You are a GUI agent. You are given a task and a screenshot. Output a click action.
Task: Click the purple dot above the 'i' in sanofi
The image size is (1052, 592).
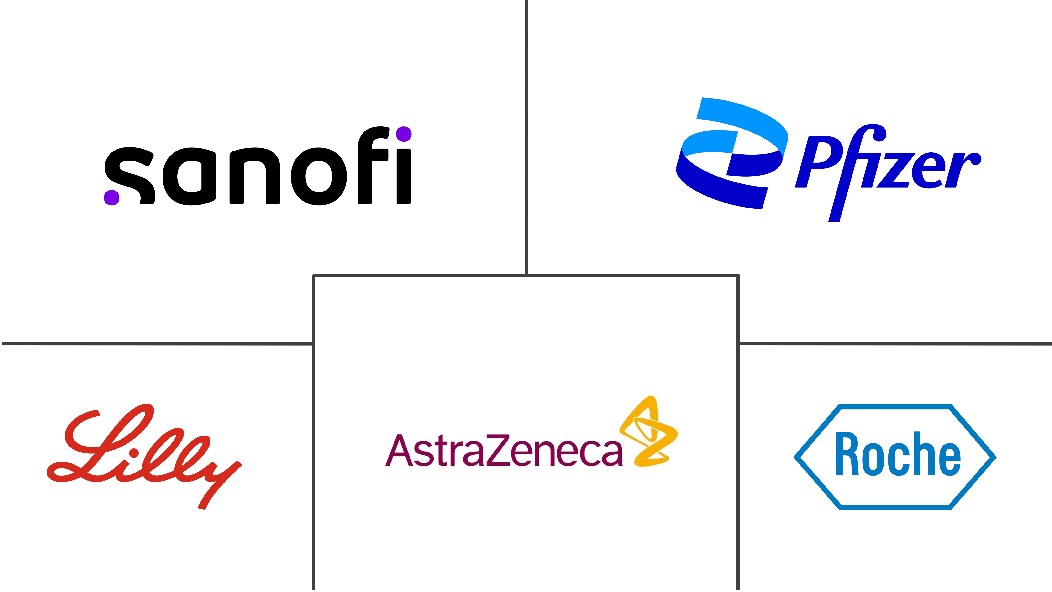pyautogui.click(x=404, y=134)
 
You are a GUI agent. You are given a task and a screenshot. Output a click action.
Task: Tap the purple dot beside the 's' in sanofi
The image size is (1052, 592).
pyautogui.click(x=111, y=197)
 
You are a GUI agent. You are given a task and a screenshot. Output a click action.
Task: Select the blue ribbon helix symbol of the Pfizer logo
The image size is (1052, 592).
pyautogui.click(x=732, y=154)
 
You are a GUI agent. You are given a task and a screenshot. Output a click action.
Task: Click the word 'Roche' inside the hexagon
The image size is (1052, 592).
pyautogui.click(x=898, y=454)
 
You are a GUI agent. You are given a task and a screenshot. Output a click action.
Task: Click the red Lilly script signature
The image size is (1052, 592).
pyautogui.click(x=145, y=457)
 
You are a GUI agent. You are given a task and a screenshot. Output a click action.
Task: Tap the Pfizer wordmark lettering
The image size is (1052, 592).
pyautogui.click(x=888, y=173)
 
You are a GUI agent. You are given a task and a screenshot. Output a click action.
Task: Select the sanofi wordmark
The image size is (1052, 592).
pyautogui.click(x=258, y=166)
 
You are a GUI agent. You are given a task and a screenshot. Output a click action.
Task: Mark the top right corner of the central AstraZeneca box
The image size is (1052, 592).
pyautogui.click(x=738, y=275)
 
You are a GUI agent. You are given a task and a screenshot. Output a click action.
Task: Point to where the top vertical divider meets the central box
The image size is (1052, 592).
pyautogui.click(x=527, y=275)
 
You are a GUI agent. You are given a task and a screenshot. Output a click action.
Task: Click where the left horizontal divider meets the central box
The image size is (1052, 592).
pyautogui.click(x=313, y=344)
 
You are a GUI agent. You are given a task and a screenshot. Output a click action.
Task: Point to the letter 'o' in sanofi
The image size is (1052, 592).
pyautogui.click(x=319, y=176)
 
